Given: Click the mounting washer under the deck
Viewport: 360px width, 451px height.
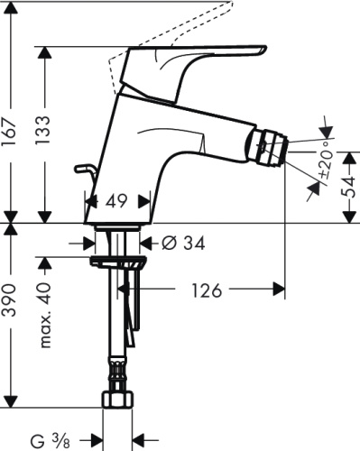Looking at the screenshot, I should [118, 262].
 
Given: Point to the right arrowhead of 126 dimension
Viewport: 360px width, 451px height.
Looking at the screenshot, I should [281, 290].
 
